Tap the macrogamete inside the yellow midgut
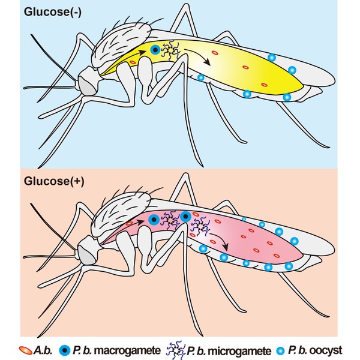(x=155, y=50)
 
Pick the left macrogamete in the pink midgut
(x=153, y=219)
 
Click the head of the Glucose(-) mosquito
(x=89, y=83)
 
